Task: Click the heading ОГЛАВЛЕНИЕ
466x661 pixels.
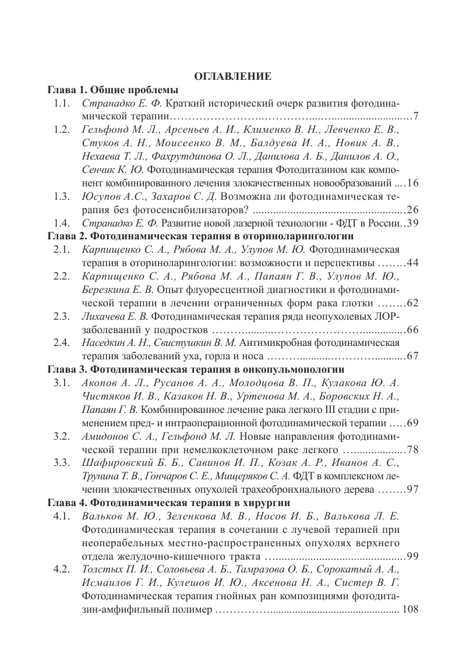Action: tap(232, 76)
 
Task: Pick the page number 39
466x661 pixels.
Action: tap(412, 223)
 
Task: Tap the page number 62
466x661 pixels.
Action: tap(412, 303)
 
